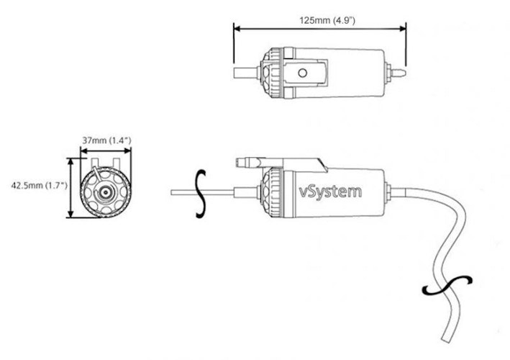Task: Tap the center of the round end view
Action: [x=105, y=193]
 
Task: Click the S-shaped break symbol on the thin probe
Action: [x=201, y=192]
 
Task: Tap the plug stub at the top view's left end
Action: [x=244, y=73]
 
